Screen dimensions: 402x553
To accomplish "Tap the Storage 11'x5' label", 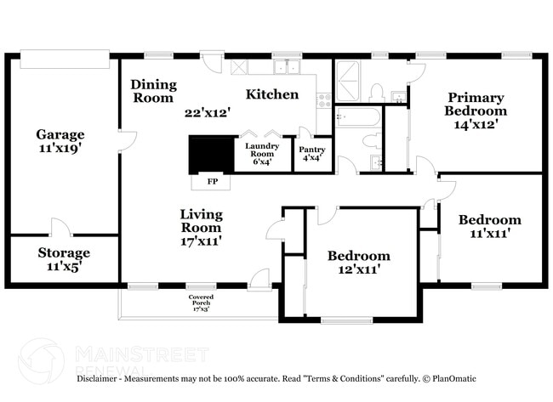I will point(64,259).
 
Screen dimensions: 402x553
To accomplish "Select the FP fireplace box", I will point(212,181).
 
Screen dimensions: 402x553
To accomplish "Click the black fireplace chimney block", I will point(210,155).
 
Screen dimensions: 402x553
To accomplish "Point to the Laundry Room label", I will point(262,151).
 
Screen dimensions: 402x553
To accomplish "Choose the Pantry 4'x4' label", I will point(311,152).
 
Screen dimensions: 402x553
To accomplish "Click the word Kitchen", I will point(272,94).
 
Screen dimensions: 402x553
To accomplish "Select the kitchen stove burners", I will point(323,100).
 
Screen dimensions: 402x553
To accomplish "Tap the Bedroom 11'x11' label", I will point(489,227).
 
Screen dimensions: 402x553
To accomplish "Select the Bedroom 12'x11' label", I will point(359,263).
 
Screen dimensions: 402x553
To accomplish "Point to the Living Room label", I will point(201,227).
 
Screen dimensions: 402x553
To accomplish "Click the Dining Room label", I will point(153,91).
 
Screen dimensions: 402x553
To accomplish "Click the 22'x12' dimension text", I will point(208,112).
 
